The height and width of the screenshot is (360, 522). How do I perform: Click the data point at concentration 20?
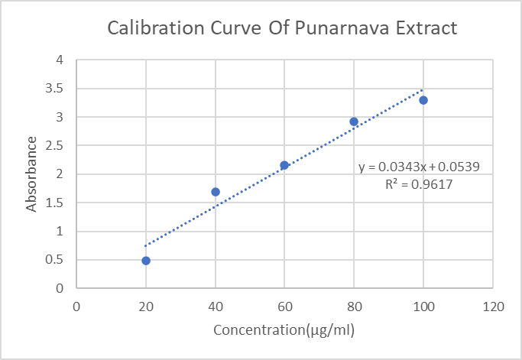click(x=146, y=261)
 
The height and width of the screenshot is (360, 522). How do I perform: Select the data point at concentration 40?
click(x=216, y=192)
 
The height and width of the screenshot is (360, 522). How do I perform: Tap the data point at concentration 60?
click(x=284, y=165)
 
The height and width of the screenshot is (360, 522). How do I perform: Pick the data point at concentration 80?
click(x=354, y=122)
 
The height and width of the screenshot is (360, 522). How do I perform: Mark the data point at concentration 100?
click(x=423, y=100)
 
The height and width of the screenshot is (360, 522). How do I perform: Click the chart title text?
click(x=282, y=29)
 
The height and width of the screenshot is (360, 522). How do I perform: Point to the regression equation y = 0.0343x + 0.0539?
click(x=419, y=167)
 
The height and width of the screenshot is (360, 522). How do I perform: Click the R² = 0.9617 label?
click(x=420, y=184)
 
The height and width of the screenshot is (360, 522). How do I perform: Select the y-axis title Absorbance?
click(x=31, y=174)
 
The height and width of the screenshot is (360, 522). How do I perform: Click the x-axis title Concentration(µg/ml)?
click(x=284, y=330)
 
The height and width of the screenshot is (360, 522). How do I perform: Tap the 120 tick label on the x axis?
click(x=493, y=306)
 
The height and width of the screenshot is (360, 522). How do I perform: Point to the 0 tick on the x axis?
click(x=76, y=306)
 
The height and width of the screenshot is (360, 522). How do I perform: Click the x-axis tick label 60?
click(x=284, y=306)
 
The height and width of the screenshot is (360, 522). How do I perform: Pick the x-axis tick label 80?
click(x=354, y=306)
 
